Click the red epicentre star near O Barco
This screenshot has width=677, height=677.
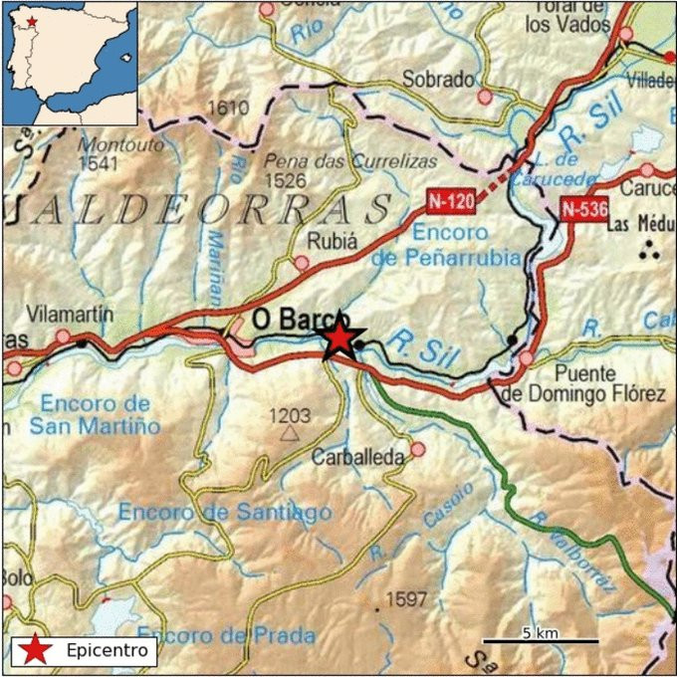pos(340,338)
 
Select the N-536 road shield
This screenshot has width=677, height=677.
pos(582,209)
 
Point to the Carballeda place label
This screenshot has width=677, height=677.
pos(358,457)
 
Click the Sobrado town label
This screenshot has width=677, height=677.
pos(438,80)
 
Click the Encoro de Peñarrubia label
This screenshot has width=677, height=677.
pos(444,245)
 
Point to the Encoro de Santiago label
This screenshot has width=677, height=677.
pos(225,512)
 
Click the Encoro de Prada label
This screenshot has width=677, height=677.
pos(227,635)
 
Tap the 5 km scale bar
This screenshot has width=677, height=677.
pos(541,640)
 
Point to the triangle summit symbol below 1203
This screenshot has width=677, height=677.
pos(290,433)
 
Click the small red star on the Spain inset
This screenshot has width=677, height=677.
pos(33,20)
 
